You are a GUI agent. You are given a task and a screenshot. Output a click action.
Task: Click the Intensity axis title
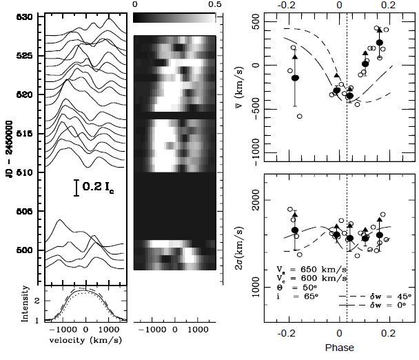(25, 305)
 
